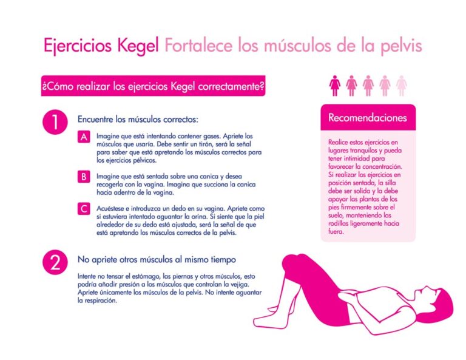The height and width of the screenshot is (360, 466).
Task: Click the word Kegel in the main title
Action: point(138,46)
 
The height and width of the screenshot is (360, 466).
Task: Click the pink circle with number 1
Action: point(55,122)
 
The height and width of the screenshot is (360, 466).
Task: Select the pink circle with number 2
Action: point(55,262)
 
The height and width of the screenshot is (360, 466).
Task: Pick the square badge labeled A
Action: point(84,137)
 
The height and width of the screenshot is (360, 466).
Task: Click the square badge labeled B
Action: point(84,177)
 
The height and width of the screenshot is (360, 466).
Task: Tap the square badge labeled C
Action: point(84,209)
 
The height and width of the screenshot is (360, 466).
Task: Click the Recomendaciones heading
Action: point(367,118)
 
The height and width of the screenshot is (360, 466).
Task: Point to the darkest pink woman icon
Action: point(335,86)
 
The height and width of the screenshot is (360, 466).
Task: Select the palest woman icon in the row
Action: point(402,86)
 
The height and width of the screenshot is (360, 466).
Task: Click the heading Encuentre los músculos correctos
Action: point(138,119)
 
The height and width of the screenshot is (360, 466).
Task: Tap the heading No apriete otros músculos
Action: point(157,259)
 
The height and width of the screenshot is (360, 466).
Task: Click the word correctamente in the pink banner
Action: point(231,86)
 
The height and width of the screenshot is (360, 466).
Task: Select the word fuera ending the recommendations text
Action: point(336,231)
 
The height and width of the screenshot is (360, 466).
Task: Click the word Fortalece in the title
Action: point(198,46)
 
